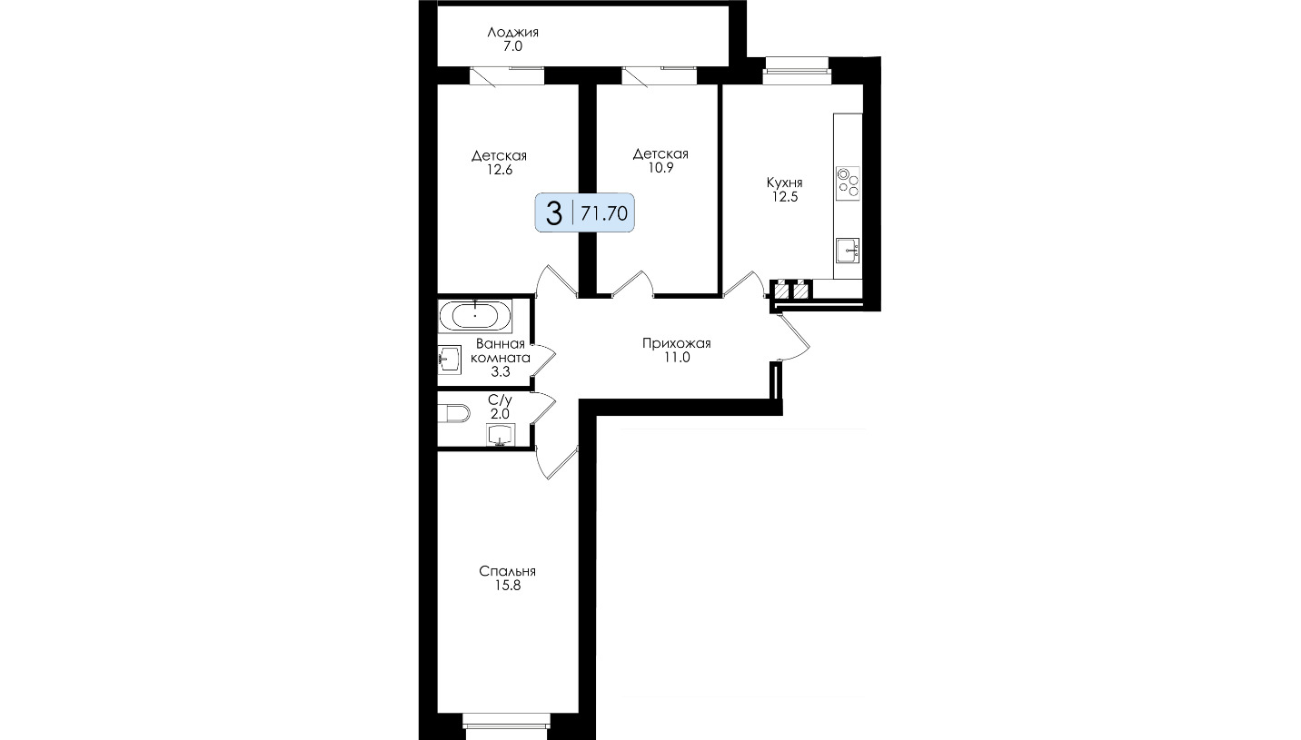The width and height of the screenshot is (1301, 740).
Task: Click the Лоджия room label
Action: [512, 33]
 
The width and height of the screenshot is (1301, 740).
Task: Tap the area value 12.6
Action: [500, 170]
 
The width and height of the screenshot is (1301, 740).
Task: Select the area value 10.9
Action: [661, 168]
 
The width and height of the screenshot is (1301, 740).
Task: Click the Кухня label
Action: [785, 183]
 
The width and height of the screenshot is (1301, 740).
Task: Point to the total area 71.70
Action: [604, 213]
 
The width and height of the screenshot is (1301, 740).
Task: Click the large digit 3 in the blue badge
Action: [555, 213]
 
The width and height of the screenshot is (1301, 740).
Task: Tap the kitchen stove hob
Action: [848, 183]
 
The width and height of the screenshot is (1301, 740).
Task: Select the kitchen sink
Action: [848, 251]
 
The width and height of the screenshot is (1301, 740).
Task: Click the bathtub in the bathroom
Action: [475, 316]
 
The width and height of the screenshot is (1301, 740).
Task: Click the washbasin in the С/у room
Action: [501, 435]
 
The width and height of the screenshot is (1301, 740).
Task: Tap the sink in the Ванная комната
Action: [449, 360]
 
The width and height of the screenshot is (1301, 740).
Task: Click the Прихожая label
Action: [677, 343]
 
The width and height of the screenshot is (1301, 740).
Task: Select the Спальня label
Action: [508, 571]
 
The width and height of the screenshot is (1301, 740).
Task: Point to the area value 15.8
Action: [508, 586]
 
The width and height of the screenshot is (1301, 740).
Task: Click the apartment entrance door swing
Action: [792, 337]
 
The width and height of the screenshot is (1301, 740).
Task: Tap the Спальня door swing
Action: [556, 462]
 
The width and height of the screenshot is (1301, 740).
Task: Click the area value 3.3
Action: [500, 372]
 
